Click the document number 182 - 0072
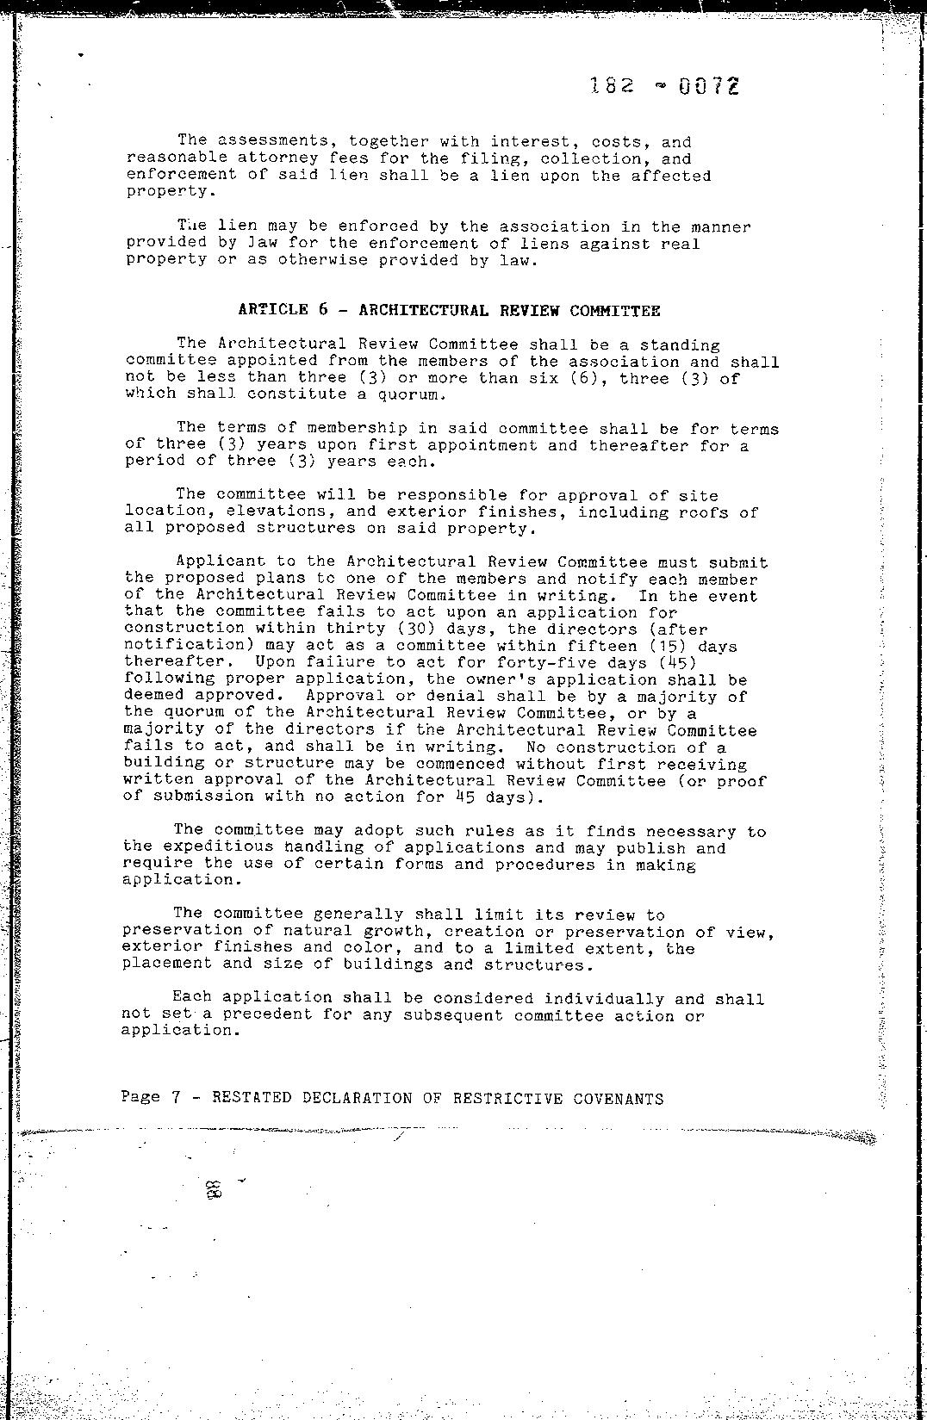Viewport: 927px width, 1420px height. pos(664,86)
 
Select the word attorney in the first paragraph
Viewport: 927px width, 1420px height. pos(277,158)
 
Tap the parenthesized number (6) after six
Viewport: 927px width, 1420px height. pos(589,378)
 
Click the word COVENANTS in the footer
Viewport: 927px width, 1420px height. pos(618,1099)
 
